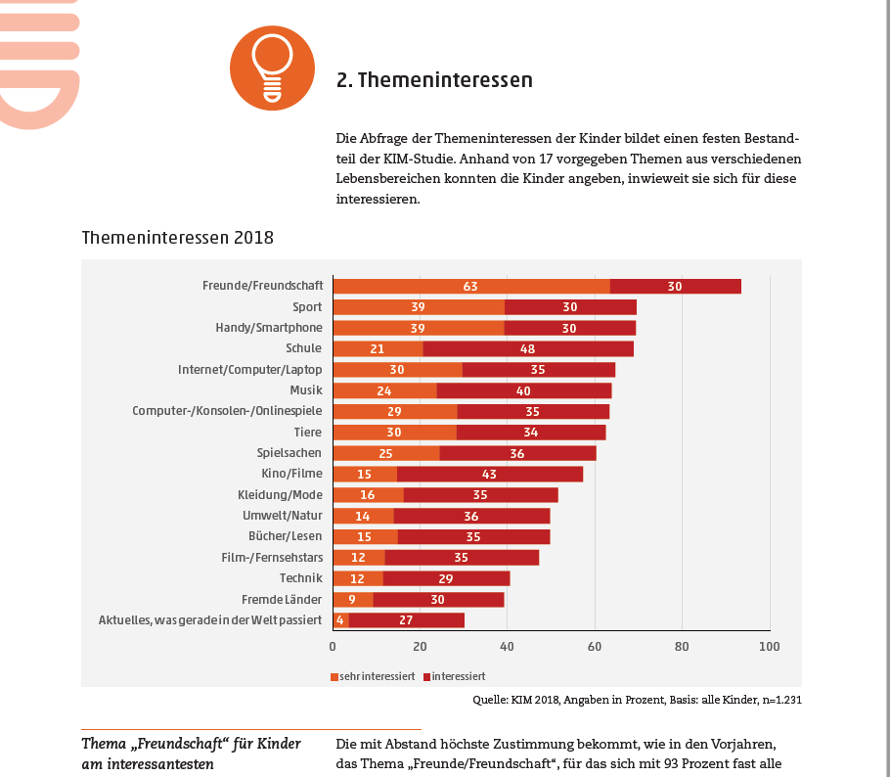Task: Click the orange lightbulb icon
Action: (272, 69)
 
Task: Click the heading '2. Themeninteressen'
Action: (434, 80)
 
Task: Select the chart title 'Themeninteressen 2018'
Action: (178, 238)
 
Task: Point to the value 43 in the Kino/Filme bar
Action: (489, 474)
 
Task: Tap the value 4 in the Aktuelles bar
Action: (340, 619)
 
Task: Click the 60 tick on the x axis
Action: (595, 647)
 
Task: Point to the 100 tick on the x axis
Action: (769, 647)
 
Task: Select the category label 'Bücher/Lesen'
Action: (286, 536)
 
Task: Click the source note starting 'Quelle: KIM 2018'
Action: (637, 700)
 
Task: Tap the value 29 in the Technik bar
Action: (445, 577)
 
